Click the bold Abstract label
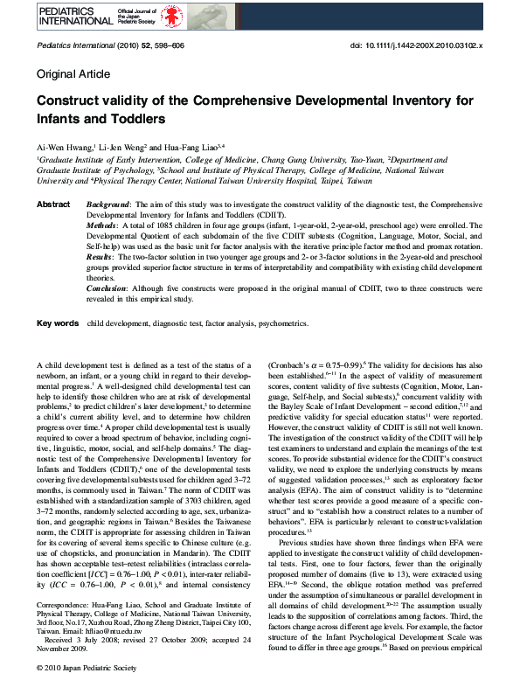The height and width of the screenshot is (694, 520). click(x=52, y=203)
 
